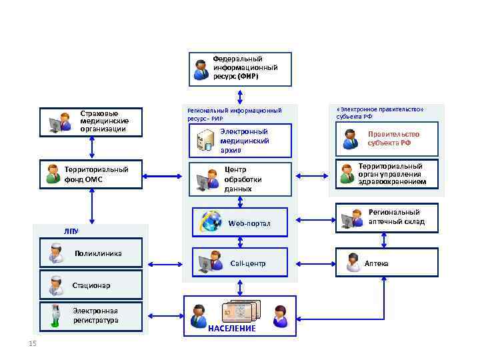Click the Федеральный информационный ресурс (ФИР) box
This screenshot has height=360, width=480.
click(x=241, y=69)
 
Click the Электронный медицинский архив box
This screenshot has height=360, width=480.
click(x=241, y=141)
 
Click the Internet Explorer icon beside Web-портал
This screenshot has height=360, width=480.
click(x=211, y=221)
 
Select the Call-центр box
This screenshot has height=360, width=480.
click(x=241, y=263)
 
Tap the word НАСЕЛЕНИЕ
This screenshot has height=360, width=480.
click(x=231, y=329)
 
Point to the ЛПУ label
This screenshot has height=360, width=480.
click(x=71, y=231)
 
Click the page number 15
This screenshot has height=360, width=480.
click(x=33, y=343)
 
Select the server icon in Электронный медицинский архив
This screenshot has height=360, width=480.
click(x=205, y=140)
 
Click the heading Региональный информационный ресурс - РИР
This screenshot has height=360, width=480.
click(x=234, y=113)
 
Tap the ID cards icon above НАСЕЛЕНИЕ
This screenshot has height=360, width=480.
click(x=240, y=312)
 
